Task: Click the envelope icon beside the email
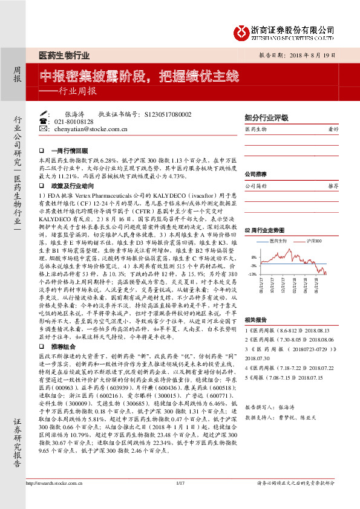coord(42,129)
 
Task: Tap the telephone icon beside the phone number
coord(42,122)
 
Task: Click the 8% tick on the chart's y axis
coord(253,257)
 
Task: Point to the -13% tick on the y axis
coord(252,273)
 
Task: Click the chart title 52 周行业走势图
coord(264,231)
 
